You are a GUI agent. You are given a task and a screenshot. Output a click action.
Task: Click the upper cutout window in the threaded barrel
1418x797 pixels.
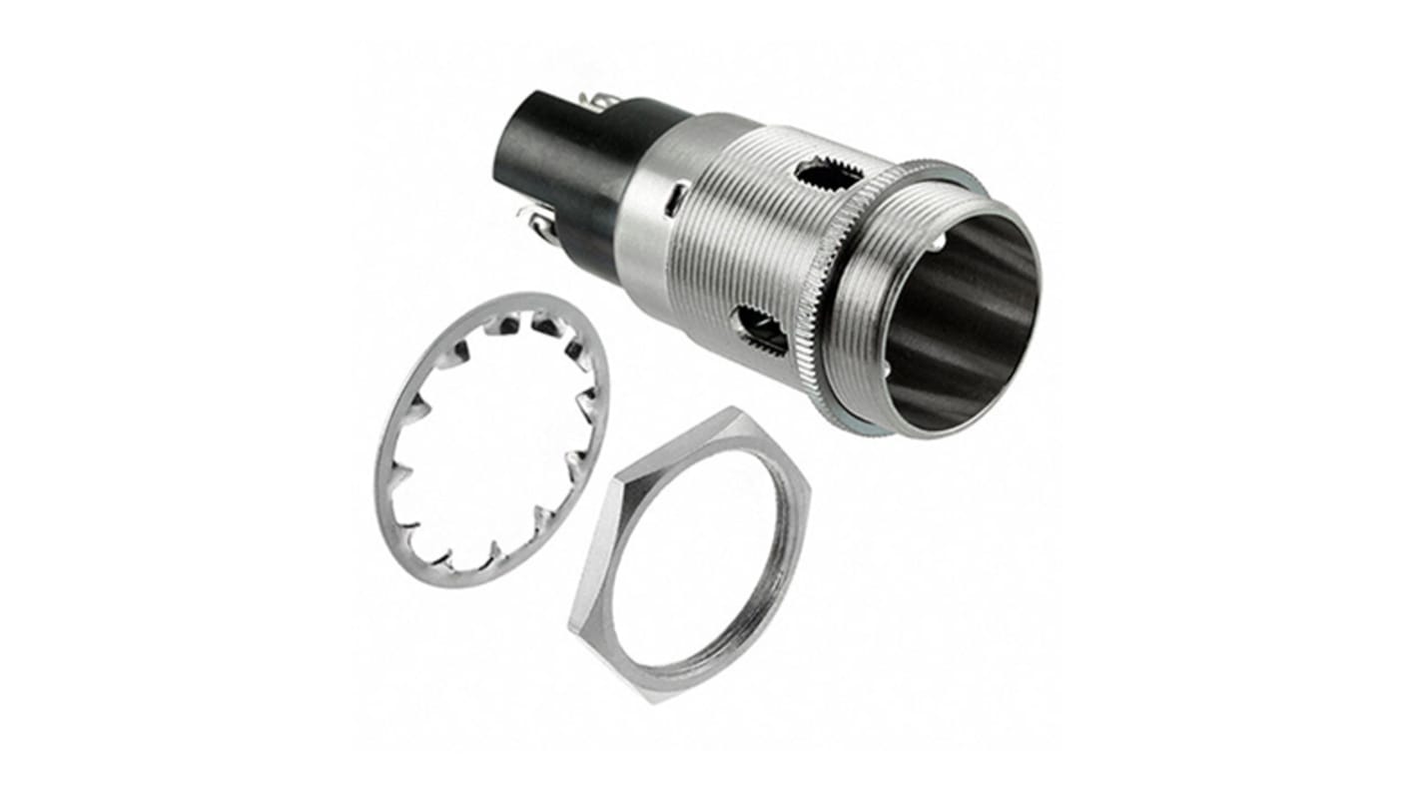tap(828, 176)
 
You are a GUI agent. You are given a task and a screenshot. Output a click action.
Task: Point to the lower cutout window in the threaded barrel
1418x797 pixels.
tap(761, 330)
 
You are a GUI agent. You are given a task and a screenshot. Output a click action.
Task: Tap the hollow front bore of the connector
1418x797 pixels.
tap(959, 320)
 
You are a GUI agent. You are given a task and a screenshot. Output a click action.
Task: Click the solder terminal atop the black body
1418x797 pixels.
tap(602, 101)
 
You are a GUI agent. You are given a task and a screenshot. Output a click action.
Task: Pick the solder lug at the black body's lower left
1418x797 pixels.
tap(539, 225)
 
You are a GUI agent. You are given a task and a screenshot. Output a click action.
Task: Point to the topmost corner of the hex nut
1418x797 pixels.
tap(736, 410)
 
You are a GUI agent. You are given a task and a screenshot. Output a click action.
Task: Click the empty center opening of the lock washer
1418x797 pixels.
tap(489, 439)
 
